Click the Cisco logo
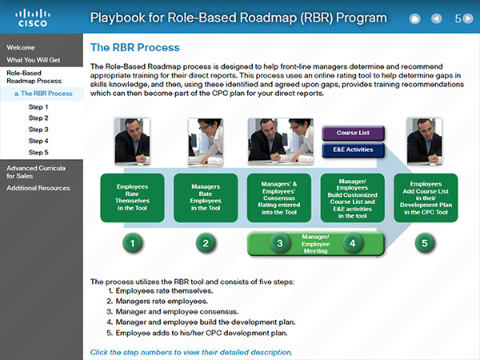(33, 18)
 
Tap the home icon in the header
(414, 18)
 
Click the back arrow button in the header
(437, 18)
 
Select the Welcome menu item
(21, 47)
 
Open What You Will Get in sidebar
(34, 60)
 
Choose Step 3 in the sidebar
(38, 130)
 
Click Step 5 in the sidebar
(38, 153)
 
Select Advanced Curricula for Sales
(36, 172)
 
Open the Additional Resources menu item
(38, 188)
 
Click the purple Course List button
(353, 133)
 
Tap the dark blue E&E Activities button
(353, 150)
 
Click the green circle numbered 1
(132, 243)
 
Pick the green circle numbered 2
(206, 243)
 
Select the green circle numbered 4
(352, 243)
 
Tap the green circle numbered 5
(425, 243)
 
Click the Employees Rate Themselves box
(132, 198)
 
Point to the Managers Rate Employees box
(206, 198)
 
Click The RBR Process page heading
(135, 48)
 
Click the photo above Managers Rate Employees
(206, 142)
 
